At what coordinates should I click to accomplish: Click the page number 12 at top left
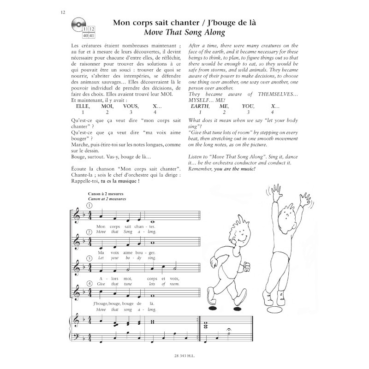click(x=62, y=12)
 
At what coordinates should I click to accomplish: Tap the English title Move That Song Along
click(x=184, y=32)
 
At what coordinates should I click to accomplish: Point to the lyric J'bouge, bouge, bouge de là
click(x=120, y=304)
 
